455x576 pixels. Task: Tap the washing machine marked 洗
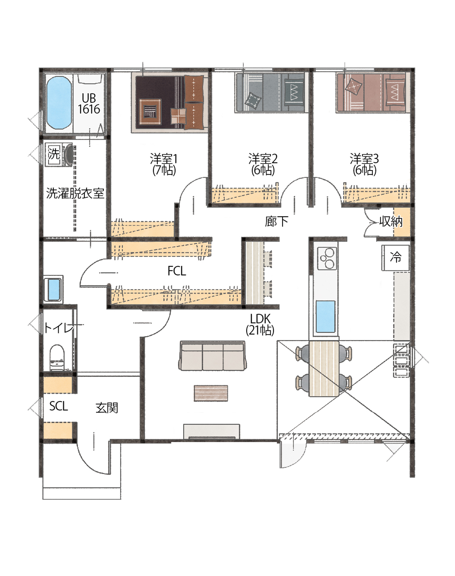[59, 154]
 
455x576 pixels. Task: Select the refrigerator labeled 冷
[396, 258]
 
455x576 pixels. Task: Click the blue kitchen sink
[326, 317]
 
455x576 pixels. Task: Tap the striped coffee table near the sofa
[211, 393]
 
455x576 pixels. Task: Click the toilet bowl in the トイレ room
[57, 357]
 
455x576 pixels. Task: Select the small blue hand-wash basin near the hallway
[54, 289]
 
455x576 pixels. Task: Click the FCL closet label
[177, 271]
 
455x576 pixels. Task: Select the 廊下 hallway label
[277, 221]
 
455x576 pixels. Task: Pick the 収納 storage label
[391, 221]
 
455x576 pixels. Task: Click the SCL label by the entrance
[59, 406]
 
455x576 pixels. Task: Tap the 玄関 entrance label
[107, 408]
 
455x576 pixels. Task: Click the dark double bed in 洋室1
[169, 103]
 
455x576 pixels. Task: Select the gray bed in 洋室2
[270, 92]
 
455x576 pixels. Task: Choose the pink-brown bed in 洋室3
[372, 92]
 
